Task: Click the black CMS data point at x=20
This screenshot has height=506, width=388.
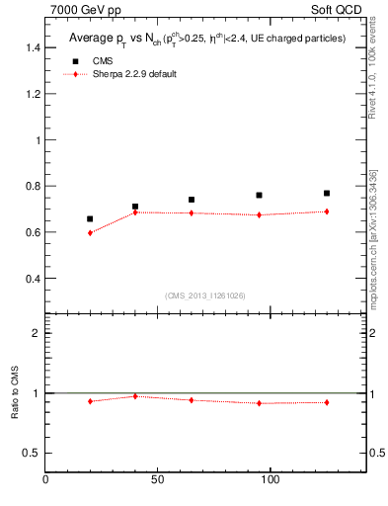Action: [90, 218]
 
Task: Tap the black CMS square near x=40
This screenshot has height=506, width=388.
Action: [135, 207]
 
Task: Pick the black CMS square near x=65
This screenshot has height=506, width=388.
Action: [192, 200]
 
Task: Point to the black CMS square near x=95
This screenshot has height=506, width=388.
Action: [259, 195]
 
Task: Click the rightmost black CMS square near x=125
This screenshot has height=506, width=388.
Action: [327, 193]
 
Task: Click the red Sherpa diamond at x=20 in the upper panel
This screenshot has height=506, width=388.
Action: [90, 232]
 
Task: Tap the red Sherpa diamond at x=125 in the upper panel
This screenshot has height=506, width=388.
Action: [327, 211]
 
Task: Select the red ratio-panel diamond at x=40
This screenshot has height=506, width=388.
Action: [135, 396]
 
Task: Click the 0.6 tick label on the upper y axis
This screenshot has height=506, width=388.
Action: [33, 232]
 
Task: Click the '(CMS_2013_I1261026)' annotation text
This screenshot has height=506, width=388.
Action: [204, 295]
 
